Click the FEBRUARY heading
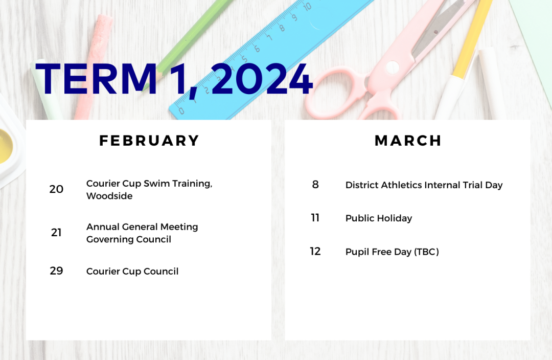coord(149,141)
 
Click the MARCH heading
coord(408,141)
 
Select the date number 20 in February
coord(56,189)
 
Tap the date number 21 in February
coord(56,233)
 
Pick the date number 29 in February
coord(56,271)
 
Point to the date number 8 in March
coord(315,184)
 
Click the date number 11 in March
coord(315,218)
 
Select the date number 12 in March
coord(315,251)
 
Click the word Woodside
coord(109,196)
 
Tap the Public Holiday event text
coord(379,218)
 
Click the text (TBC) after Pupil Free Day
coord(427,252)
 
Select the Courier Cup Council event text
coord(132,271)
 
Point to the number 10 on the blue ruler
coord(307,6)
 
